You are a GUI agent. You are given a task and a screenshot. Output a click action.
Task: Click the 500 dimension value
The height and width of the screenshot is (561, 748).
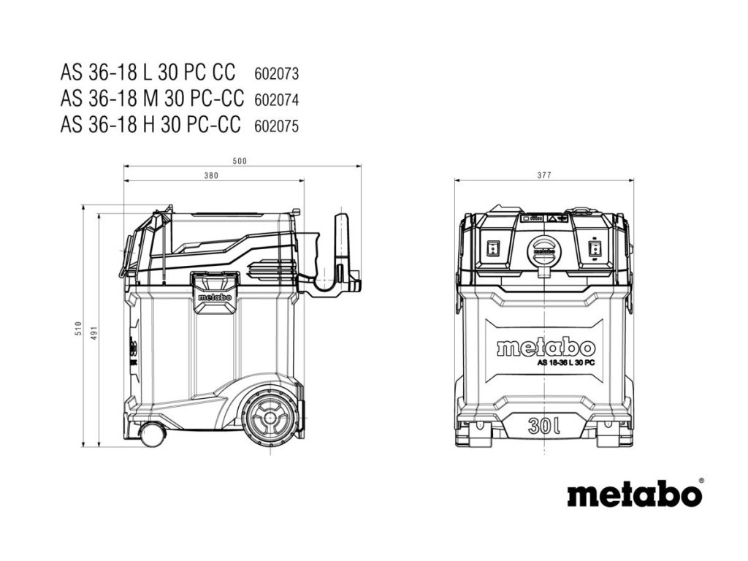(240, 161)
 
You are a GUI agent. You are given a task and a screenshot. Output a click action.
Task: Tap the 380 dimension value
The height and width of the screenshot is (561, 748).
(211, 175)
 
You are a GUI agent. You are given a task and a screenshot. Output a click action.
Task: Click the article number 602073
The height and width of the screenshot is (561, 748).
(277, 74)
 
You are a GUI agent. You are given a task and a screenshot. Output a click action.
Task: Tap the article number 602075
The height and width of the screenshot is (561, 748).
(277, 125)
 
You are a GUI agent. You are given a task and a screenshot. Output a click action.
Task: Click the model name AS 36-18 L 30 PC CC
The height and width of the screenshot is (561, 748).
(148, 73)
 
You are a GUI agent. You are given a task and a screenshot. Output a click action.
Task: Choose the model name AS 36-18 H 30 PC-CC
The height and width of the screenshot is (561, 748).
(151, 124)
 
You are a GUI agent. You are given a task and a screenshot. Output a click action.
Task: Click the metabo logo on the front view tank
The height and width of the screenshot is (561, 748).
(546, 348)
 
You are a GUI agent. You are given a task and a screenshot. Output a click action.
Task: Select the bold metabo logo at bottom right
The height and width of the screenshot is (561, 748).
(634, 494)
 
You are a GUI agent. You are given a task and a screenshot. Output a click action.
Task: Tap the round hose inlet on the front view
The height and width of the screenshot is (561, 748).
(543, 252)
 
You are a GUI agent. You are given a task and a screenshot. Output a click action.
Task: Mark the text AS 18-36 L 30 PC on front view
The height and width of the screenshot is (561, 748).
(565, 363)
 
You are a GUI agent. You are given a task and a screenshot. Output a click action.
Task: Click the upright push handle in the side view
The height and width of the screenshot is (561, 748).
(342, 248)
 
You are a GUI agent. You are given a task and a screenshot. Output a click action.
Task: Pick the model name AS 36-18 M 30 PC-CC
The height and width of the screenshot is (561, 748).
(152, 99)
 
